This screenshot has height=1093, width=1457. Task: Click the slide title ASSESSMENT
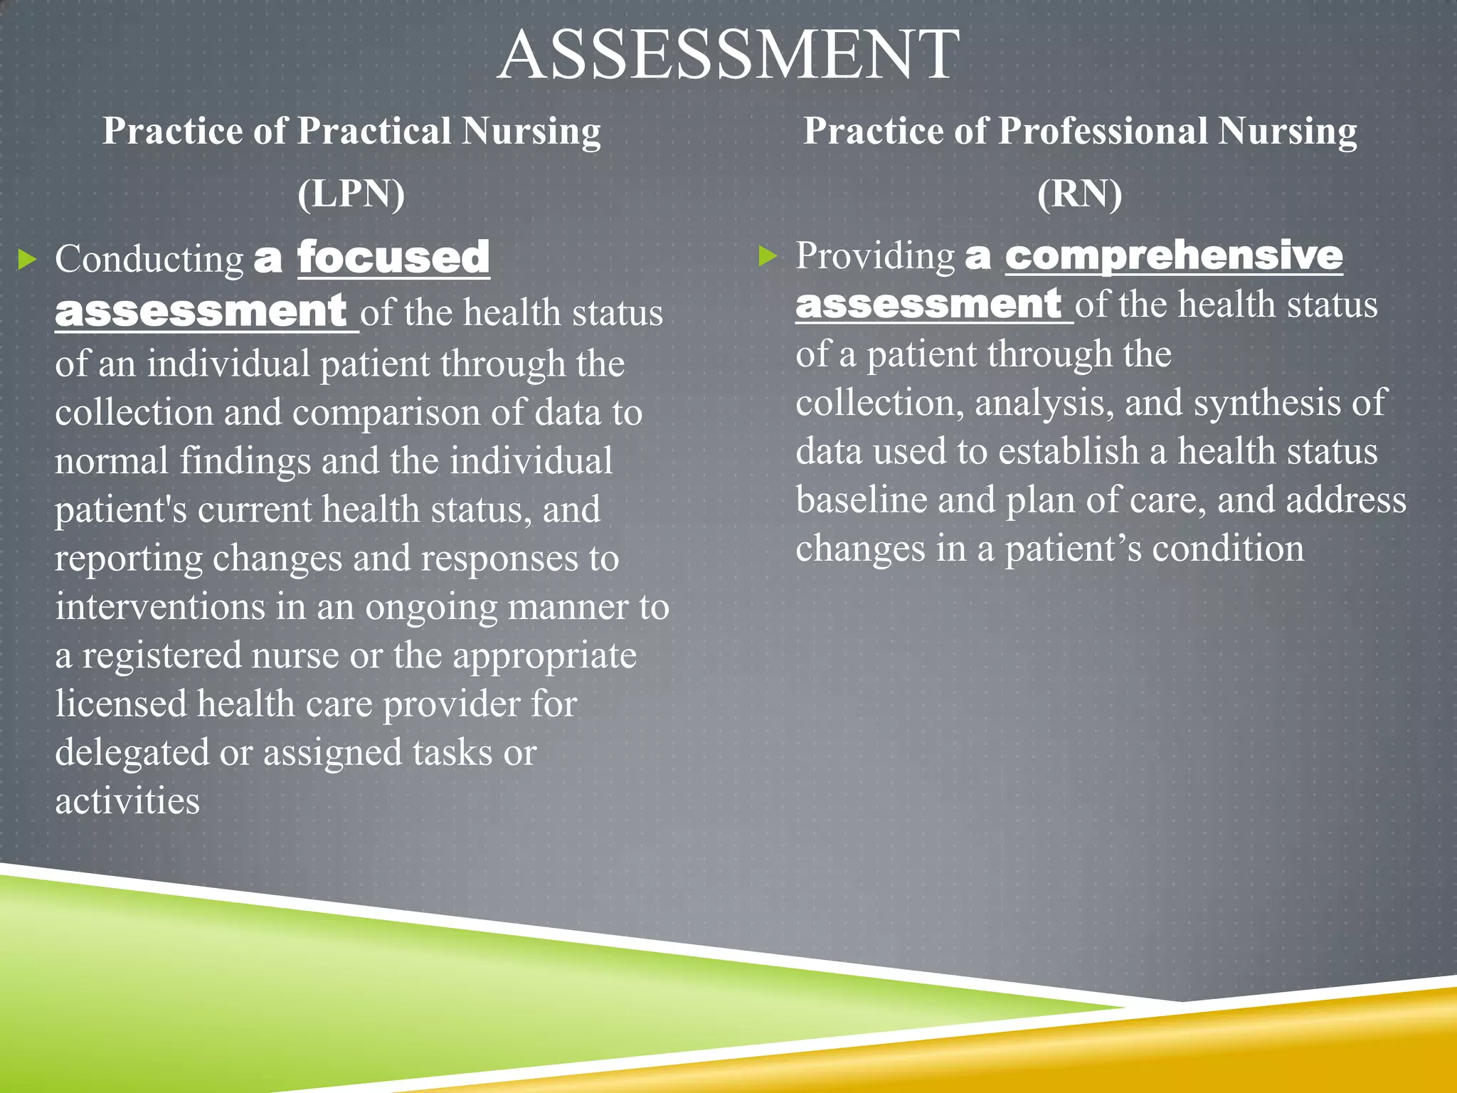(x=728, y=56)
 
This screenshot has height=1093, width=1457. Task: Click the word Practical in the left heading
(x=374, y=132)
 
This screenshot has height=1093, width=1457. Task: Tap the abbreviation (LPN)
(x=351, y=194)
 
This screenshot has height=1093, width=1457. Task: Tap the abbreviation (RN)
(x=1079, y=194)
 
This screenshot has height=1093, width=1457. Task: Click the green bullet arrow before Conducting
(x=27, y=260)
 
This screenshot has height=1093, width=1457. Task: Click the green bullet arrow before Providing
(x=768, y=255)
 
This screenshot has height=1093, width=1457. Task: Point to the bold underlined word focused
(x=393, y=258)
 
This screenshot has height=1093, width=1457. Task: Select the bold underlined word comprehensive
(x=1174, y=255)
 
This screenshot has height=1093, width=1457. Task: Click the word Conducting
(x=149, y=260)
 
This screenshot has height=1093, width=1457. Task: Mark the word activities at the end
(x=127, y=802)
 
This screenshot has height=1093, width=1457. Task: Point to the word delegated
(x=132, y=754)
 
